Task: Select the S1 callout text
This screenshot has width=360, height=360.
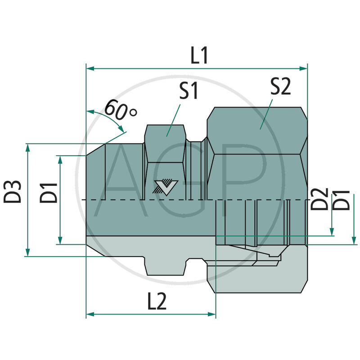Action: pyautogui.click(x=189, y=91)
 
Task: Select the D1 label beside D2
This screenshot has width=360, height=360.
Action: pyautogui.click(x=342, y=199)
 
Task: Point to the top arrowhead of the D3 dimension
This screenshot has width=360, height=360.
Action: pyautogui.click(x=27, y=148)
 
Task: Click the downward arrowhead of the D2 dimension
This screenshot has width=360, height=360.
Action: pyautogui.click(x=333, y=232)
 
